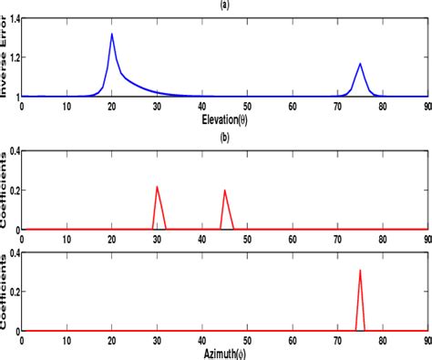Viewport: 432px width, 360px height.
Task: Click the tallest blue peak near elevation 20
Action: [111, 35]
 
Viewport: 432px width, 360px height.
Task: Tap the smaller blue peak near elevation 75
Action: [360, 64]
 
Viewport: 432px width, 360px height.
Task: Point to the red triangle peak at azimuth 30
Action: [157, 187]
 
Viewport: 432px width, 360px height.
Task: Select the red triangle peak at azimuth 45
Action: [224, 190]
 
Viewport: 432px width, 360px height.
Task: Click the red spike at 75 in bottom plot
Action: [360, 271]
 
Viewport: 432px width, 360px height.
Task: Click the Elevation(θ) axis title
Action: [225, 118]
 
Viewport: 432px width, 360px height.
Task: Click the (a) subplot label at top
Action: [225, 5]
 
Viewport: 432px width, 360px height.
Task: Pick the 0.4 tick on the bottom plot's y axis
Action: [10, 254]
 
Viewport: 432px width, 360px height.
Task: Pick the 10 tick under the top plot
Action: [67, 107]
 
